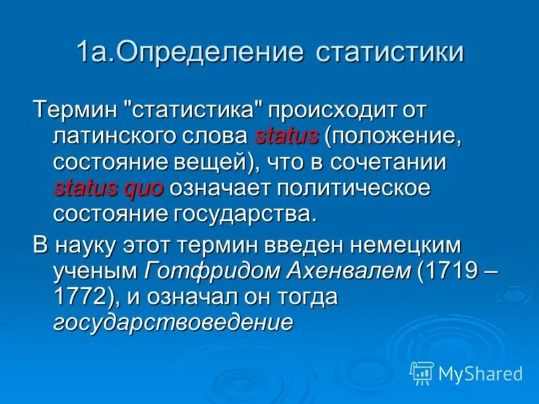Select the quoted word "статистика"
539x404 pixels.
pyautogui.click(x=195, y=109)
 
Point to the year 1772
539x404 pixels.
pyautogui.click(x=80, y=298)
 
